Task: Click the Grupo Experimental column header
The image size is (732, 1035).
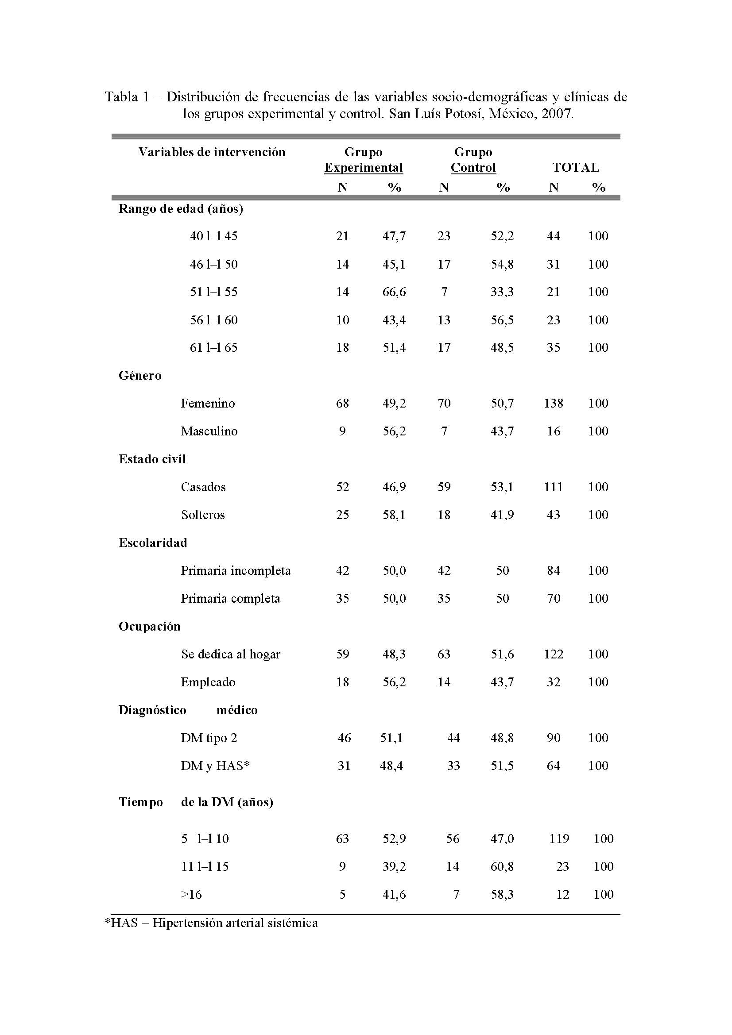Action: [x=363, y=160]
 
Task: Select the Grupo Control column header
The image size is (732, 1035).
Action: [x=473, y=160]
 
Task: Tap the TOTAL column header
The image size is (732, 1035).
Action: [x=576, y=167]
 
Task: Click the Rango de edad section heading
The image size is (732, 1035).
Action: [x=180, y=209]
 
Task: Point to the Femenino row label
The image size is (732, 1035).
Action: [x=208, y=403]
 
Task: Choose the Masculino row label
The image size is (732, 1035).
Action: [x=209, y=431]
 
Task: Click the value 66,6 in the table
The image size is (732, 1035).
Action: [x=394, y=292]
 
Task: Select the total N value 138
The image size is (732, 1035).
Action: [x=554, y=403]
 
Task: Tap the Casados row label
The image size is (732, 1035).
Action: [x=203, y=487]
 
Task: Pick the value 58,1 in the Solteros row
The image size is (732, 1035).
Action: [x=394, y=515]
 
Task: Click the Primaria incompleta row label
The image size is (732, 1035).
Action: [x=236, y=571]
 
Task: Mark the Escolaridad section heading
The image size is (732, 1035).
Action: [x=152, y=543]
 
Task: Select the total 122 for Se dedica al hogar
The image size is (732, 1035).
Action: [x=554, y=654]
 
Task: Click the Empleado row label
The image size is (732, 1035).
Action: [x=208, y=682]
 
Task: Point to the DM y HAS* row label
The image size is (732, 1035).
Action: [x=215, y=766]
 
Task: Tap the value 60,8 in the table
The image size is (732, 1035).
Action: [x=502, y=866]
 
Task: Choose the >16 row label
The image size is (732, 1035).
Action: [x=191, y=894]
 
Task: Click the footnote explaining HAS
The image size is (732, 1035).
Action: [x=212, y=923]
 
